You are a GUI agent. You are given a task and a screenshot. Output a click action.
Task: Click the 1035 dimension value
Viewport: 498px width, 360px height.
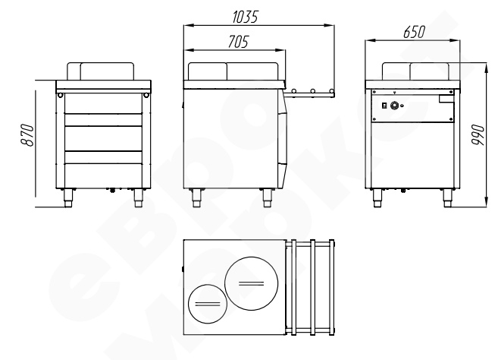(x=245, y=17)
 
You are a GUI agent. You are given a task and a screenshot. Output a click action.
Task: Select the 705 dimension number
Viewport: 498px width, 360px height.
(x=238, y=42)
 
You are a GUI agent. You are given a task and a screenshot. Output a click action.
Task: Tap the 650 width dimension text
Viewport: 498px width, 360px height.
(x=414, y=32)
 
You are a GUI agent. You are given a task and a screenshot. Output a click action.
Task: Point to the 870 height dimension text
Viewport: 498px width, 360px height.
(x=27, y=135)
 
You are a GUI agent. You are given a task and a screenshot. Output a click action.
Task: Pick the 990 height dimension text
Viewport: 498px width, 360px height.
(x=478, y=135)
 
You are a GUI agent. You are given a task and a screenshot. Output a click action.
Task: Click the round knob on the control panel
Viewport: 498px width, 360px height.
(x=394, y=106)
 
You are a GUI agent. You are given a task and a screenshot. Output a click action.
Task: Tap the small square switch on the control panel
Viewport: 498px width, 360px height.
(x=384, y=106)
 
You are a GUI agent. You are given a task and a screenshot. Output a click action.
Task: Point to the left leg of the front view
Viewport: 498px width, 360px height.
(x=68, y=198)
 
